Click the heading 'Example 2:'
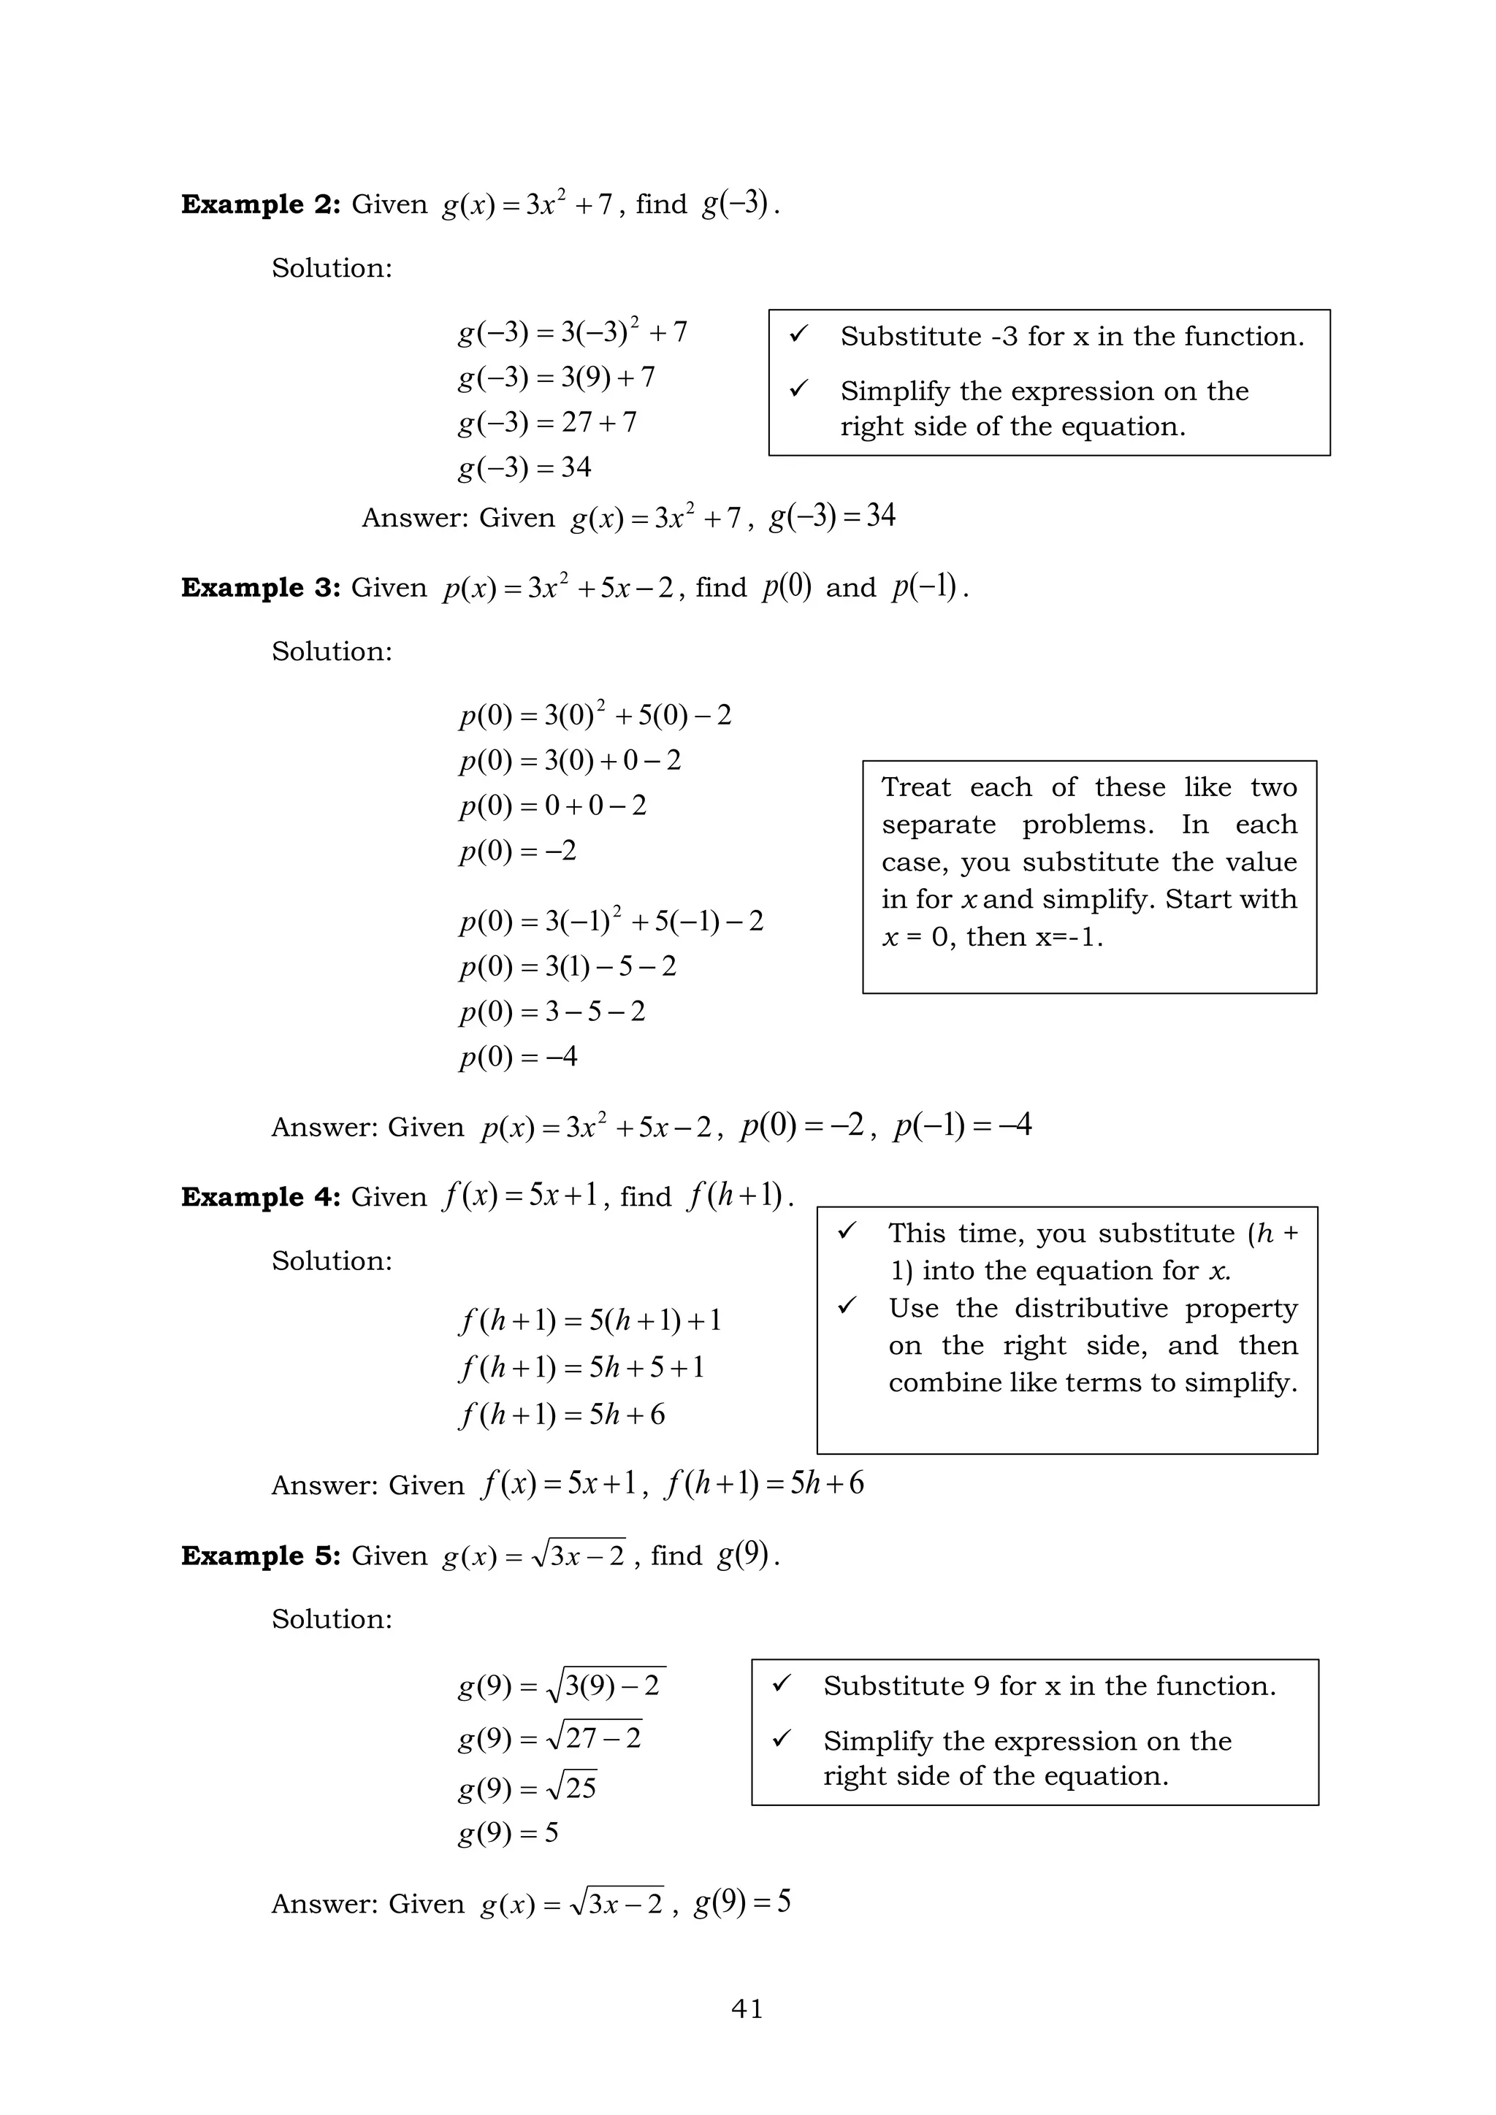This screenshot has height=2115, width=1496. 261,204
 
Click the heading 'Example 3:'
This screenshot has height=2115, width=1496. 261,588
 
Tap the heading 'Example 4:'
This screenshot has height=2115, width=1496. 261,1196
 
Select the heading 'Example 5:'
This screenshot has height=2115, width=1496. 261,1556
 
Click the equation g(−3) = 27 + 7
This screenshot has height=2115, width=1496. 547,422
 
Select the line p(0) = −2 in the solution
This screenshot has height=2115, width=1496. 518,850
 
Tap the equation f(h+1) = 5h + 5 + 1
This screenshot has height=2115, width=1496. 582,1367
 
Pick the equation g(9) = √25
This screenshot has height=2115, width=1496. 527,1788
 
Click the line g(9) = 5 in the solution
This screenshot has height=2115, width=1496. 508,1833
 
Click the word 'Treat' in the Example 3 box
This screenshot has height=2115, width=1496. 916,787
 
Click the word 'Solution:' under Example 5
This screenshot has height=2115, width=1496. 332,1618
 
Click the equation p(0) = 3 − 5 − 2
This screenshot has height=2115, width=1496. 553,1011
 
